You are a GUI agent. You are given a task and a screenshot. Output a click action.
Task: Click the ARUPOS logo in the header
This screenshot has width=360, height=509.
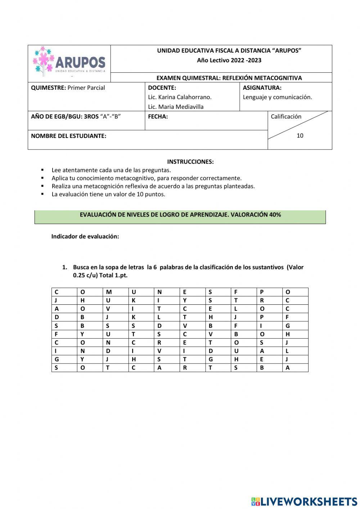pyautogui.click(x=69, y=62)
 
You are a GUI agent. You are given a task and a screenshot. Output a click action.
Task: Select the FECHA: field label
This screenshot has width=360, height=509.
pyautogui.click(x=158, y=117)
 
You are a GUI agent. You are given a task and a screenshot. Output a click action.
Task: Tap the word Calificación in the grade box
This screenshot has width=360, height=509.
pyautogui.click(x=286, y=116)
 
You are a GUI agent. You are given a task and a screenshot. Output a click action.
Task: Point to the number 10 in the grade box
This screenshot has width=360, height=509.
pyautogui.click(x=300, y=135)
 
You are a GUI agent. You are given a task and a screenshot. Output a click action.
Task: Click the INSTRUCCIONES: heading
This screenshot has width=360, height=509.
pyautogui.click(x=190, y=162)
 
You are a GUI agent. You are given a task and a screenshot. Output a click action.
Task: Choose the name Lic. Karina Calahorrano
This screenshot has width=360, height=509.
pyautogui.click(x=180, y=97)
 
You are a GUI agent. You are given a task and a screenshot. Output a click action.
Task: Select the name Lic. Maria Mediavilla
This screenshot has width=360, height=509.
pyautogui.click(x=176, y=107)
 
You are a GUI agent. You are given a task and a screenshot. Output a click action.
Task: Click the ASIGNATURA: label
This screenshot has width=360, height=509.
pyautogui.click(x=262, y=88)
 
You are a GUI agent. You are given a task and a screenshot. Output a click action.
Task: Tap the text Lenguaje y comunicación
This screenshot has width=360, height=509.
pyautogui.click(x=277, y=97)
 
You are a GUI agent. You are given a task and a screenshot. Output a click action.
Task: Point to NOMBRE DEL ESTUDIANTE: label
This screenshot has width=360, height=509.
pyautogui.click(x=68, y=136)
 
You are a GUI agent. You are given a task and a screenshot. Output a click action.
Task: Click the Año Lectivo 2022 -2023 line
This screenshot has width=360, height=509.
pyautogui.click(x=229, y=60)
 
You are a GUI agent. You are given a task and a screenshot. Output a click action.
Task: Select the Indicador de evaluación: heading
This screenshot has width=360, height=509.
pyautogui.click(x=85, y=236)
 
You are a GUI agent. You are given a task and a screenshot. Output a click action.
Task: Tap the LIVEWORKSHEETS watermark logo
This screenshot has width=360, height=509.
pyautogui.click(x=304, y=501)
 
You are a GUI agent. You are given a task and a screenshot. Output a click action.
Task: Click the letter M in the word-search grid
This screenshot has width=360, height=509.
pyautogui.click(x=109, y=292)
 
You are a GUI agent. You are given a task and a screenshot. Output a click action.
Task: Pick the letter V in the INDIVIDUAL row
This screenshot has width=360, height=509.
pyautogui.click(x=159, y=351)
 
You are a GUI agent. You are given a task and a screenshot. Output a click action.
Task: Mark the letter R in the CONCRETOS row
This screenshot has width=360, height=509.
pyautogui.click(x=159, y=343)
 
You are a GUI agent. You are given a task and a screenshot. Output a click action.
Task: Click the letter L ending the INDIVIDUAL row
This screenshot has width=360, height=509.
pyautogui.click(x=287, y=351)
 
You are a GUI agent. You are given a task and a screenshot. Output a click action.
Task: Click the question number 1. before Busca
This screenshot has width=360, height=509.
pyautogui.click(x=65, y=267)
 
